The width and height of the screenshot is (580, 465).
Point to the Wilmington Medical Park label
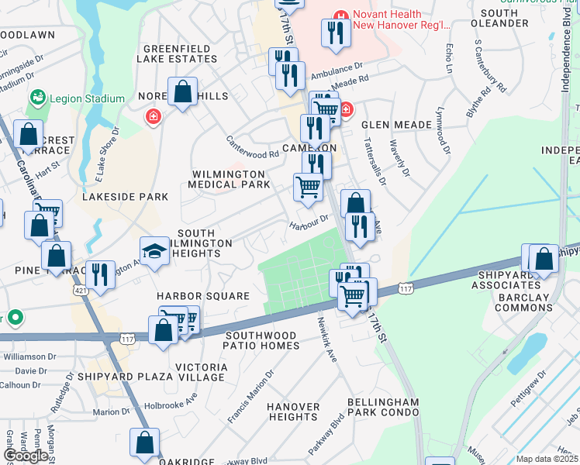pyautogui.click(x=230, y=179)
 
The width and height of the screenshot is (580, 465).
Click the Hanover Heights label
pyautogui.click(x=293, y=412)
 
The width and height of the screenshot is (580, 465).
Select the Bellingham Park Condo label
pyautogui.click(x=383, y=408)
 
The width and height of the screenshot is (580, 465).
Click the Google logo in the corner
pyautogui.click(x=26, y=456)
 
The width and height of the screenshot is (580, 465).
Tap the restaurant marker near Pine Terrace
pyautogui.click(x=100, y=274)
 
